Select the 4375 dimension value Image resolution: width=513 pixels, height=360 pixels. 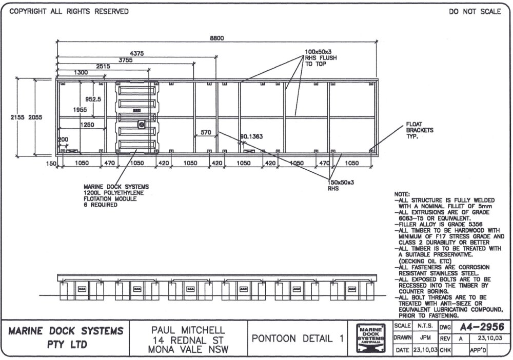click(x=137, y=53)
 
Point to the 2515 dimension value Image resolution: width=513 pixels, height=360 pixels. click(x=103, y=66)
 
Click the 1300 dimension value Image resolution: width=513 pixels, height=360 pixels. click(x=81, y=73)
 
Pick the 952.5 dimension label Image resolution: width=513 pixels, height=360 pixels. click(x=93, y=99)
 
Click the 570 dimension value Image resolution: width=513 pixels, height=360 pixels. click(x=206, y=132)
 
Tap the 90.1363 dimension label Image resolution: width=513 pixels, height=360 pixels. click(x=251, y=136)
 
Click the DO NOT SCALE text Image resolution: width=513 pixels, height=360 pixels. click(x=475, y=12)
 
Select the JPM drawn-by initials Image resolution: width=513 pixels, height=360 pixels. click(x=424, y=338)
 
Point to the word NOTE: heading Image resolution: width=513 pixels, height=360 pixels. click(x=402, y=194)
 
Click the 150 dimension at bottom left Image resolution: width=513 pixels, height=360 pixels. click(x=50, y=163)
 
